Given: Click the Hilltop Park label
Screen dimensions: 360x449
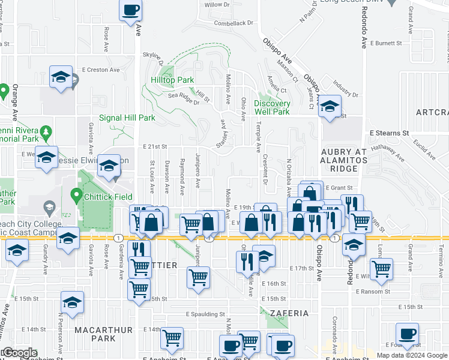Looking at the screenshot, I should click(172, 80).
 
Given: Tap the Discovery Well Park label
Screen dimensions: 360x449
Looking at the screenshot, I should click(272, 107).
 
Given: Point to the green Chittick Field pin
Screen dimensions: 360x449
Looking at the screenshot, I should click(76, 195).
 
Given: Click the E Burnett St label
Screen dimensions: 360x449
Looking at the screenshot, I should click(386, 43).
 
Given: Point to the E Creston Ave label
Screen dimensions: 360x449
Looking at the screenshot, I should click(99, 70).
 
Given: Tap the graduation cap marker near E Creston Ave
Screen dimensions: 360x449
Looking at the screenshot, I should click(61, 77).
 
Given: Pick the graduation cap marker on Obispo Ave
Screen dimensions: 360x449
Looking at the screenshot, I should click(329, 106).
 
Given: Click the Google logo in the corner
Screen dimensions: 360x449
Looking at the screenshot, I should click(19, 353).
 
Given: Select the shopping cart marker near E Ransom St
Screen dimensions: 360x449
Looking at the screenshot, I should click(381, 269).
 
